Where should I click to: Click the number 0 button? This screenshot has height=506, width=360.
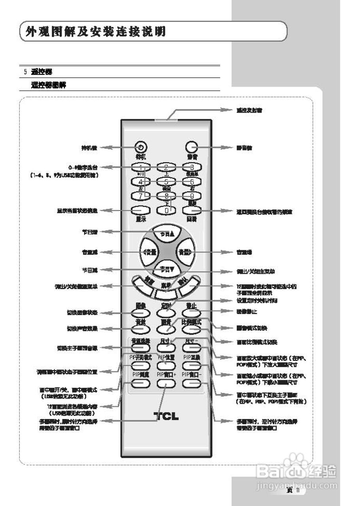(x=166, y=210)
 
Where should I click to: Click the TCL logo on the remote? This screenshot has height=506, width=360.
(x=166, y=416)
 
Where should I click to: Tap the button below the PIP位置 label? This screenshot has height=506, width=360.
(x=166, y=365)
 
